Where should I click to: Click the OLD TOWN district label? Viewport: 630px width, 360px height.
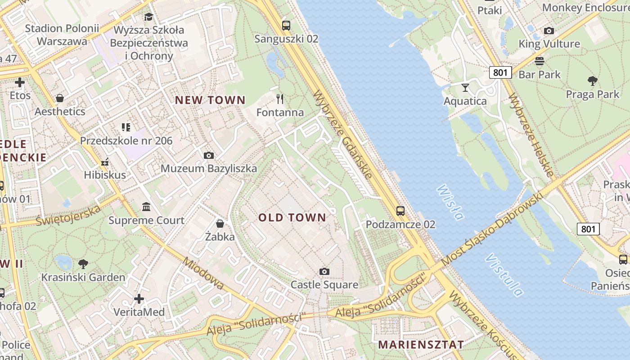[292, 218]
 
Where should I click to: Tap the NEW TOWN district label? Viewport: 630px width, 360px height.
[210, 100]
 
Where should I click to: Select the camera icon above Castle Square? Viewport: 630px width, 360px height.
[324, 271]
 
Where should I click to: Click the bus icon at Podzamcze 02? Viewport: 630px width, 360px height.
[400, 211]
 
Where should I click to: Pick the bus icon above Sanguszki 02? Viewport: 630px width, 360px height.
[286, 25]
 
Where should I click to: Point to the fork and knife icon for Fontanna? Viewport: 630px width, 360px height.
[280, 99]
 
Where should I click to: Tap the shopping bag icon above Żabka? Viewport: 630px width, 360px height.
[220, 224]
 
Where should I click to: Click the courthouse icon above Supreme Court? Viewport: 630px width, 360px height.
[146, 207]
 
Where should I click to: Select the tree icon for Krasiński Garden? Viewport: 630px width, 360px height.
[83, 264]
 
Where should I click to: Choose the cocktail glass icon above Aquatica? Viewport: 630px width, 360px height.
[465, 87]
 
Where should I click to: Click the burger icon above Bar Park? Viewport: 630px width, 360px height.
[540, 61]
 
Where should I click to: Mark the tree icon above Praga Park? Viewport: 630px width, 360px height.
[592, 81]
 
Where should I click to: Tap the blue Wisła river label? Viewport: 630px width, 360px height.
[450, 202]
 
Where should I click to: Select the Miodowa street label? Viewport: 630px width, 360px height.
[203, 274]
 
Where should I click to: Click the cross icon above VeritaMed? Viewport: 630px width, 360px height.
[139, 298]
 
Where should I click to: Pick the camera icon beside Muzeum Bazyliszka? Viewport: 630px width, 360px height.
[208, 155]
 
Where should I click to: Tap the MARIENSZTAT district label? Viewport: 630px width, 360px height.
[421, 345]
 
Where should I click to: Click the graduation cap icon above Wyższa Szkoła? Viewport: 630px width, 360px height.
[148, 17]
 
